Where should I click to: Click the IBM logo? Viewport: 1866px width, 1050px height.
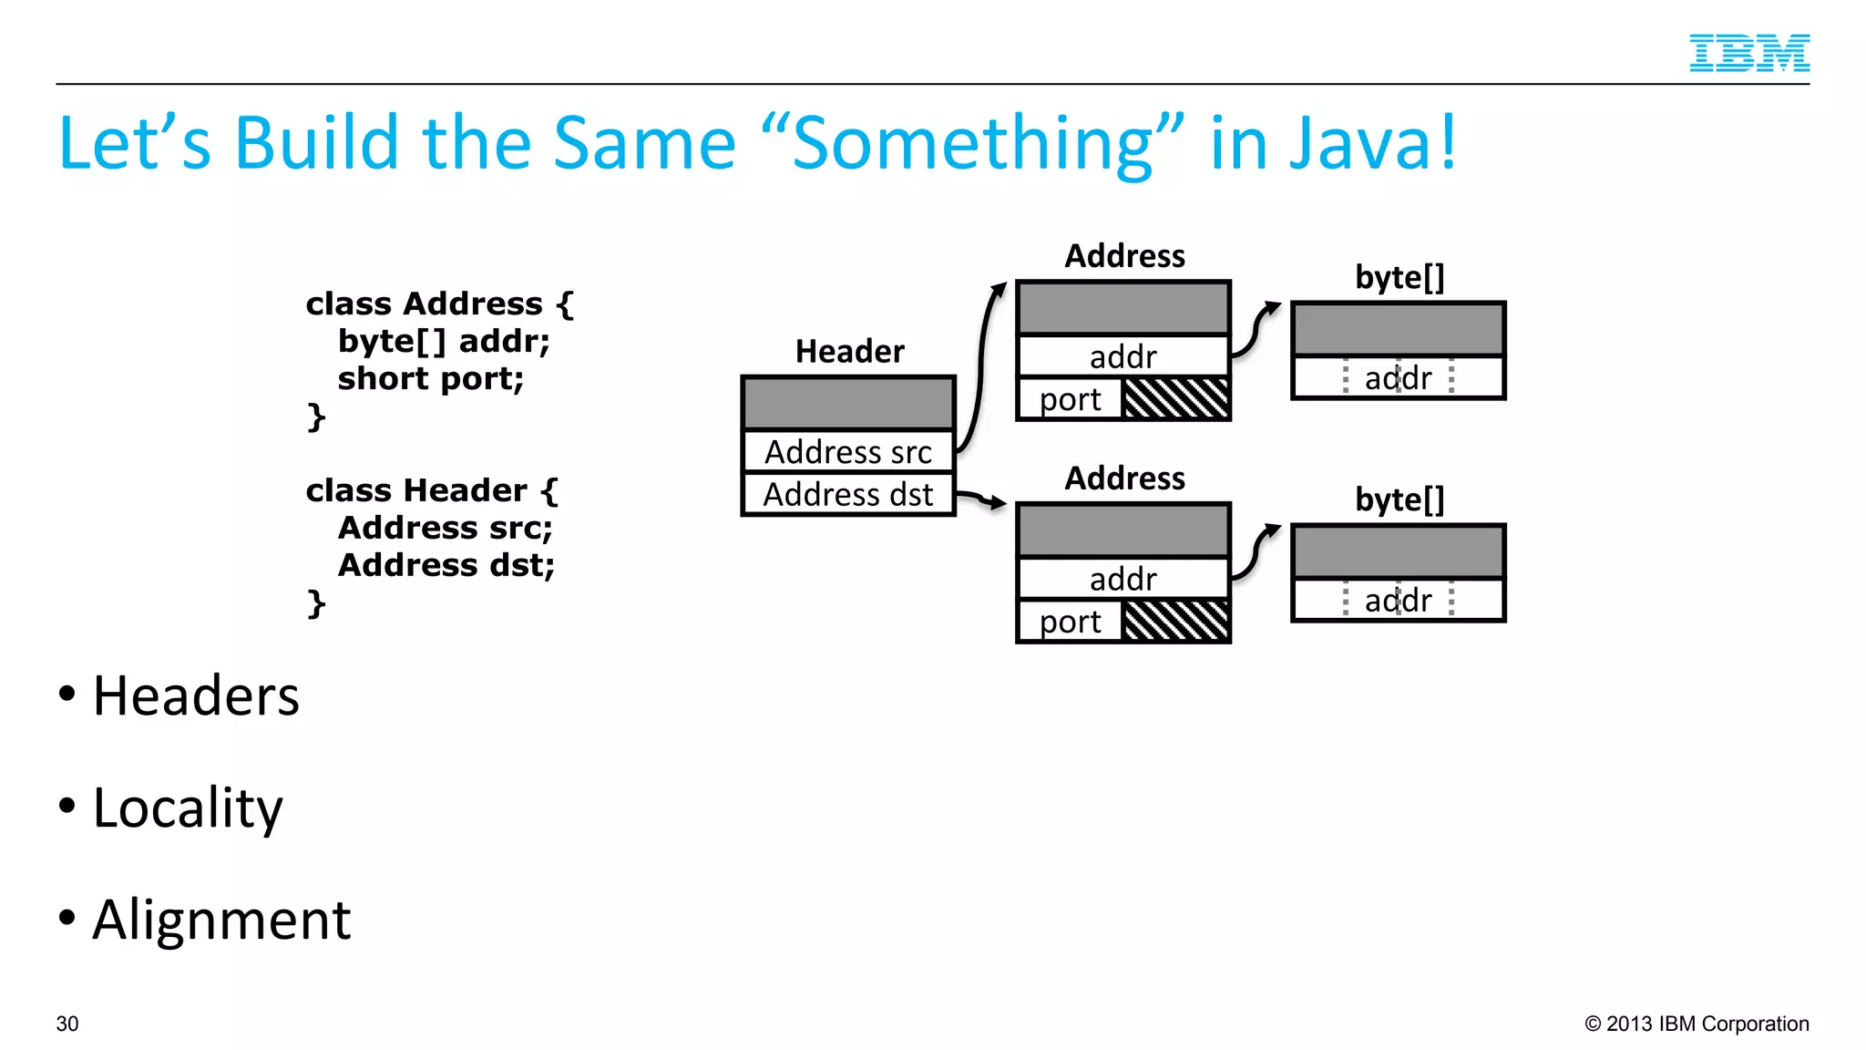click(1748, 53)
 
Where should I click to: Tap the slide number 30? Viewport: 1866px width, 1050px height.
click(67, 1024)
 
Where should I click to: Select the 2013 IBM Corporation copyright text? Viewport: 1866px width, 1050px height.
click(1697, 1024)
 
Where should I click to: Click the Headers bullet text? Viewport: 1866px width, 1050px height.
click(195, 696)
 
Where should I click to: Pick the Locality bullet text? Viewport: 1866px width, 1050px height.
click(188, 808)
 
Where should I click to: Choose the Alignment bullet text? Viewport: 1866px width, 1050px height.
click(221, 920)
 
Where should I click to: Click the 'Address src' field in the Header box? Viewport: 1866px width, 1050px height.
click(847, 451)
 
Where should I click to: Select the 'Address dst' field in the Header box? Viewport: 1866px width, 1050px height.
click(847, 494)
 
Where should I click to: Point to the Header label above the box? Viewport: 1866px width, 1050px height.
click(849, 352)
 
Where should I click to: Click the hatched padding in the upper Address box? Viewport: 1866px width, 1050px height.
click(1175, 398)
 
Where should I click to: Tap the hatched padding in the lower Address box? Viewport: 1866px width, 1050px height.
click(1175, 621)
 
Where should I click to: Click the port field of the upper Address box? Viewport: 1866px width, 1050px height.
click(1071, 399)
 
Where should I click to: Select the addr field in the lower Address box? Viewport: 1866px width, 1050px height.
click(1123, 579)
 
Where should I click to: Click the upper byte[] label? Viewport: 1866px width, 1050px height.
click(1399, 277)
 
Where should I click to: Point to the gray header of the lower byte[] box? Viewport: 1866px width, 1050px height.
click(1399, 551)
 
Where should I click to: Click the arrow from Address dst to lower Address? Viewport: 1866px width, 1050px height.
click(980, 498)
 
